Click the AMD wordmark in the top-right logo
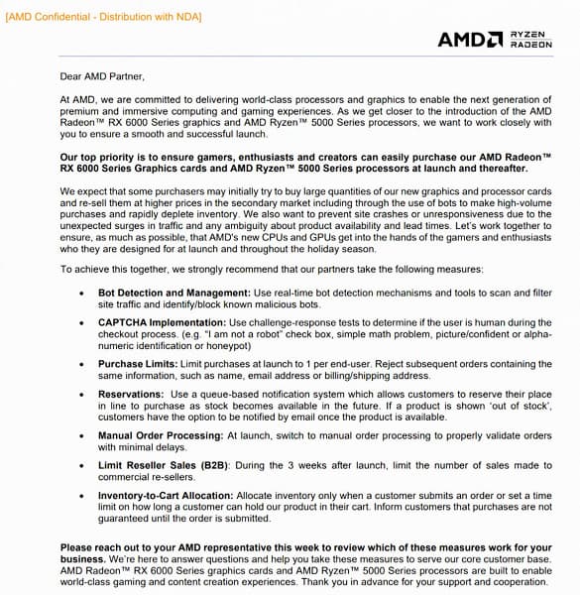click(469, 39)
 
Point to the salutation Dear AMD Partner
click(102, 75)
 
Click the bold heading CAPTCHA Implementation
click(162, 323)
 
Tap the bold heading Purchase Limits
click(134, 365)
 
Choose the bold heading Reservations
click(131, 394)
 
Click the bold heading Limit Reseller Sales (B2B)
click(156, 464)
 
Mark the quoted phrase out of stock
click(522, 407)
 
